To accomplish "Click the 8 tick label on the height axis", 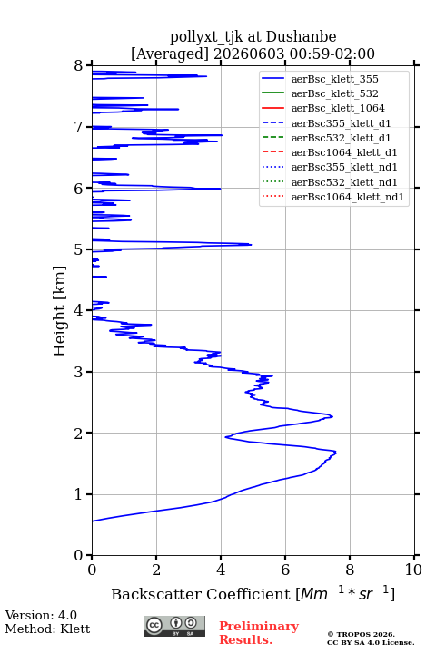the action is coord(79,65).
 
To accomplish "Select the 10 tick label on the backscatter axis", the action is coord(413,570).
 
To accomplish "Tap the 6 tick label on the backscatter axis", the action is coord(285,570).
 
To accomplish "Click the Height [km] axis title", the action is coord(59,311).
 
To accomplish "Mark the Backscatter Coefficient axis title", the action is coord(253,593).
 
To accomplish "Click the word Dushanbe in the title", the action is coord(301,37).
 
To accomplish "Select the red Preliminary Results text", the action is coord(259,633).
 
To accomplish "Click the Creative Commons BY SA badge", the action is coord(174,626).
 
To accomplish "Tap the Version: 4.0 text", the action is coord(41,615).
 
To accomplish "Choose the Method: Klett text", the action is coord(47,629).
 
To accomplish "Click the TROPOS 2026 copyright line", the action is coord(362,634).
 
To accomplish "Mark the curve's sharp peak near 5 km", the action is coord(251,245).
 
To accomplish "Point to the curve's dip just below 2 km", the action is coord(225,437).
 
